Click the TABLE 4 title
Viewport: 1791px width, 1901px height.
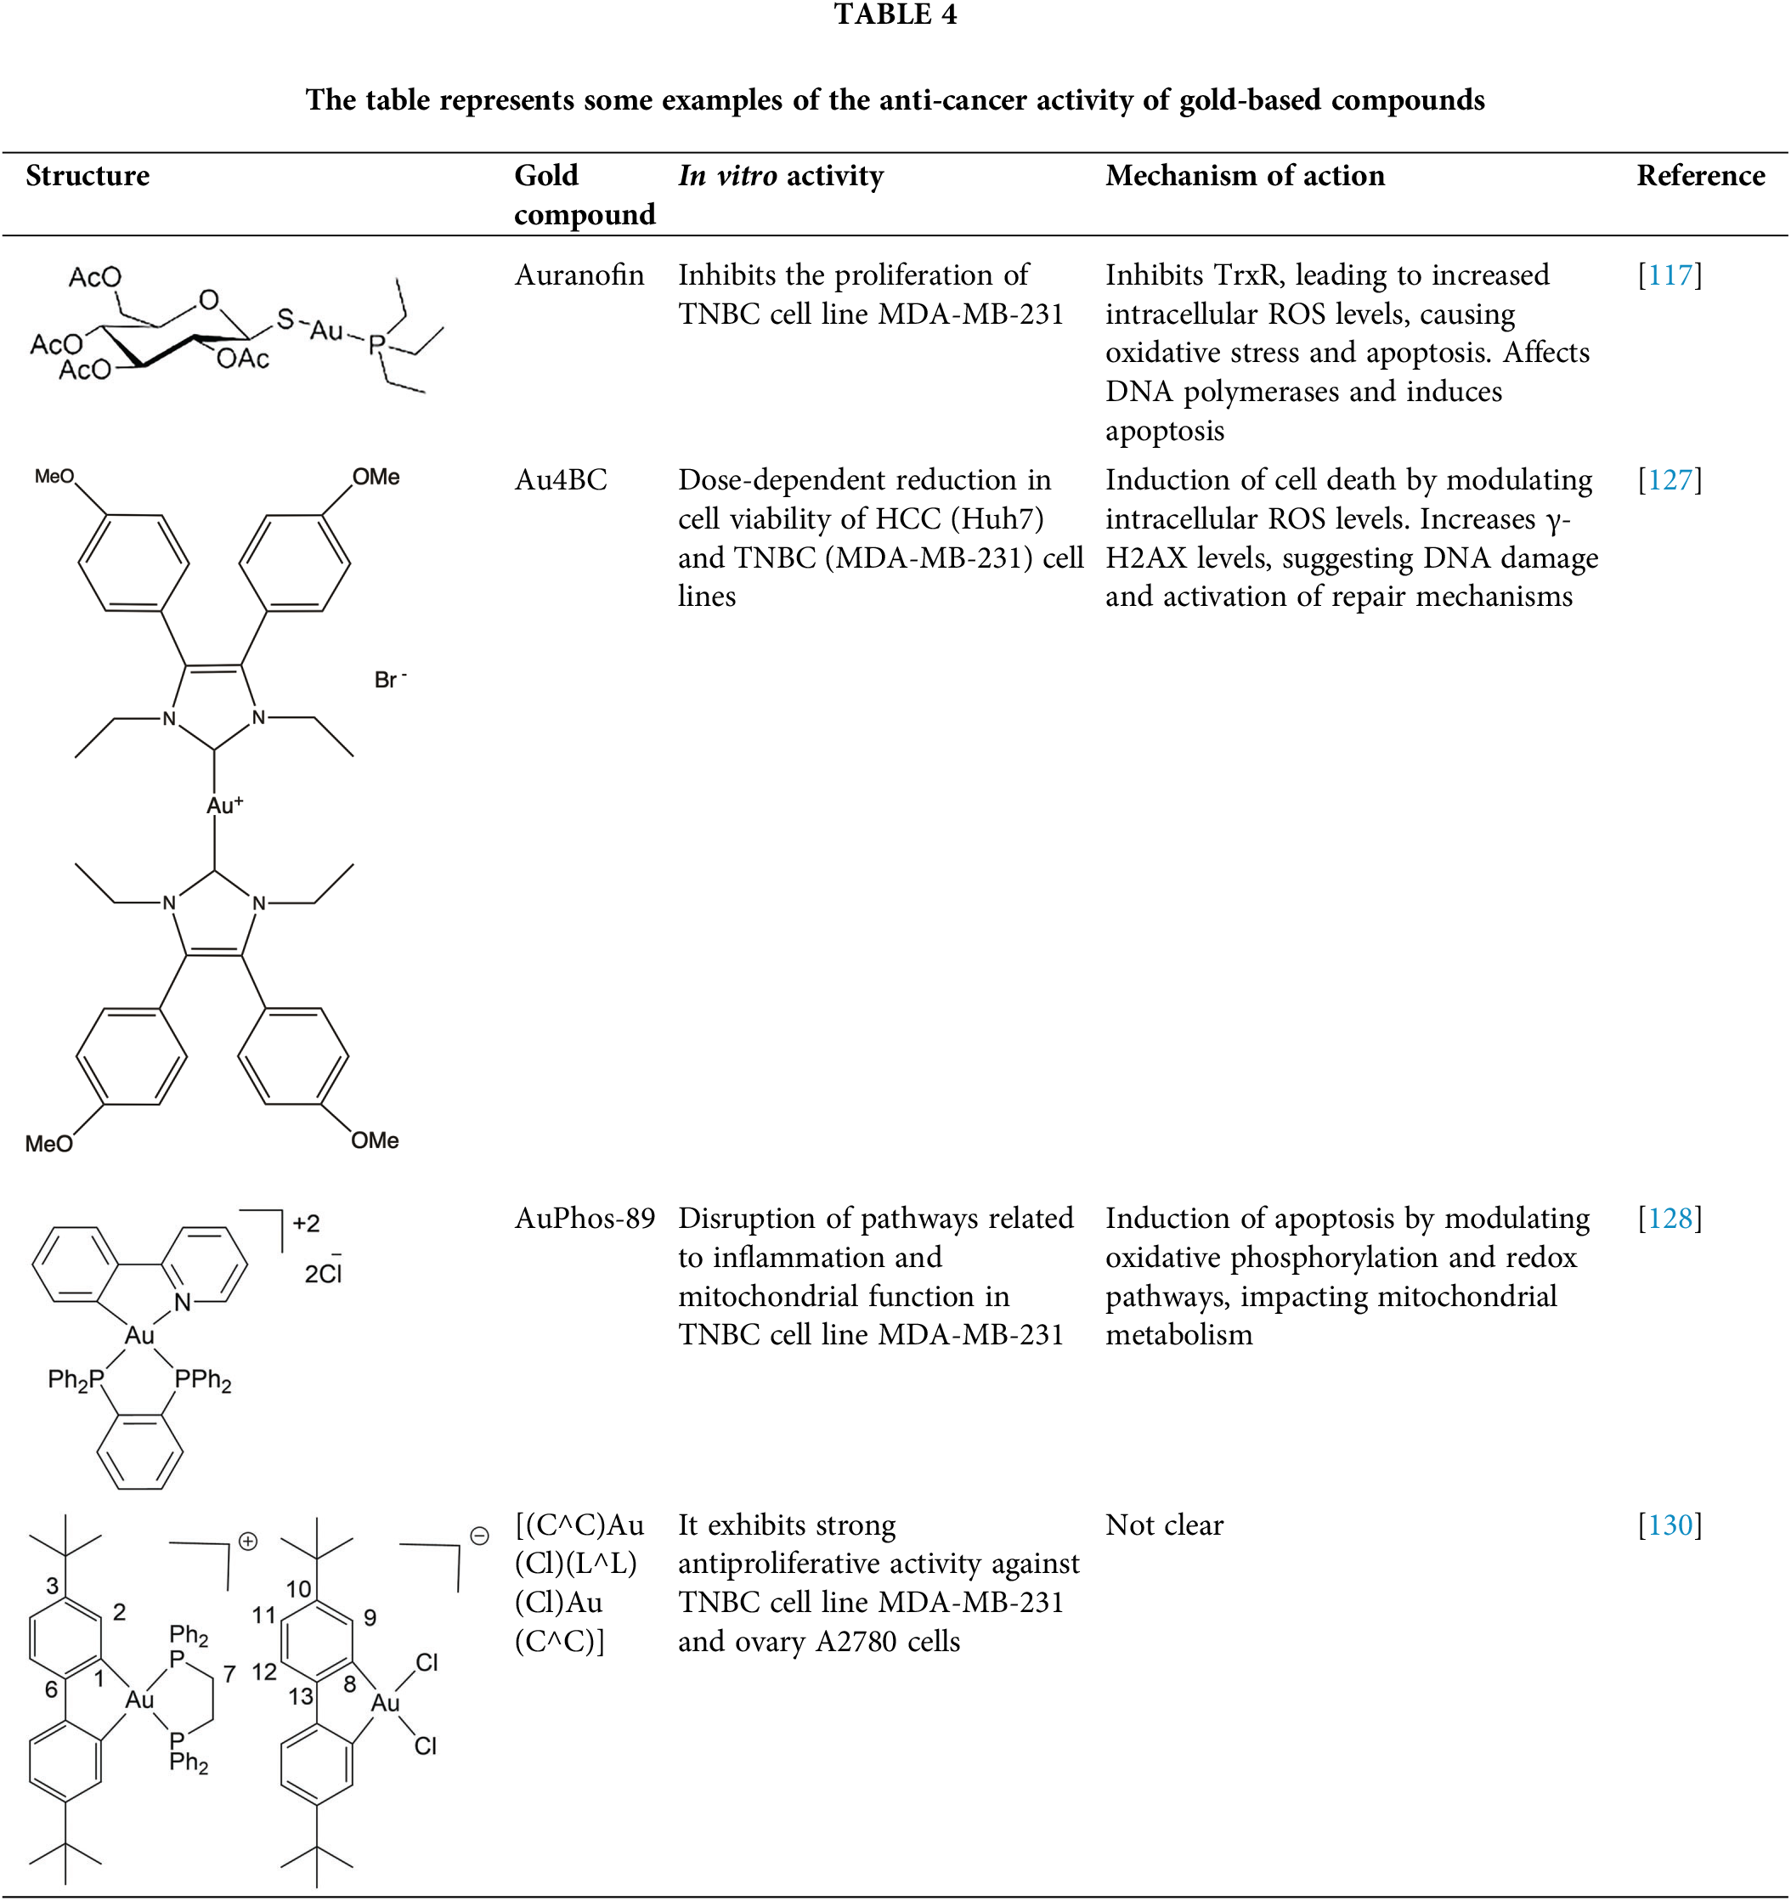point(894,14)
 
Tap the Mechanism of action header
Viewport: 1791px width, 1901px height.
point(1244,176)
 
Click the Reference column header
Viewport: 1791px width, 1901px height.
point(1700,176)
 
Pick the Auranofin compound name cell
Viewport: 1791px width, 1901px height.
point(579,275)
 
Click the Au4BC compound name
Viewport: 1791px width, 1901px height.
point(561,480)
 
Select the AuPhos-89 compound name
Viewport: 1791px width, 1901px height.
point(585,1219)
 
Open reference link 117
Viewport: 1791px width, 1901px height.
point(1670,275)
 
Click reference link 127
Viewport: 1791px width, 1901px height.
point(1670,480)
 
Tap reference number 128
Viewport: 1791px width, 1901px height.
point(1670,1219)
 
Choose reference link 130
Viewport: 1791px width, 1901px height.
point(1670,1525)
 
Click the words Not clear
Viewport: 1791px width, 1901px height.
point(1164,1525)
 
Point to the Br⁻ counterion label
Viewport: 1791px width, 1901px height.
point(388,680)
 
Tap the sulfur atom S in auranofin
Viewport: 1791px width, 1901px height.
point(285,319)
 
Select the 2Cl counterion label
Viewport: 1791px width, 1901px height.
point(323,1273)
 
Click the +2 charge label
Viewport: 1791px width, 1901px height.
point(306,1223)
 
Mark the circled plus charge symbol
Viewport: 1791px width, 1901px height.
point(247,1542)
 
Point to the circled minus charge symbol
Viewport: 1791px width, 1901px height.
point(479,1536)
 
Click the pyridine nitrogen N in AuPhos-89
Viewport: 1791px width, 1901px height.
point(182,1301)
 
